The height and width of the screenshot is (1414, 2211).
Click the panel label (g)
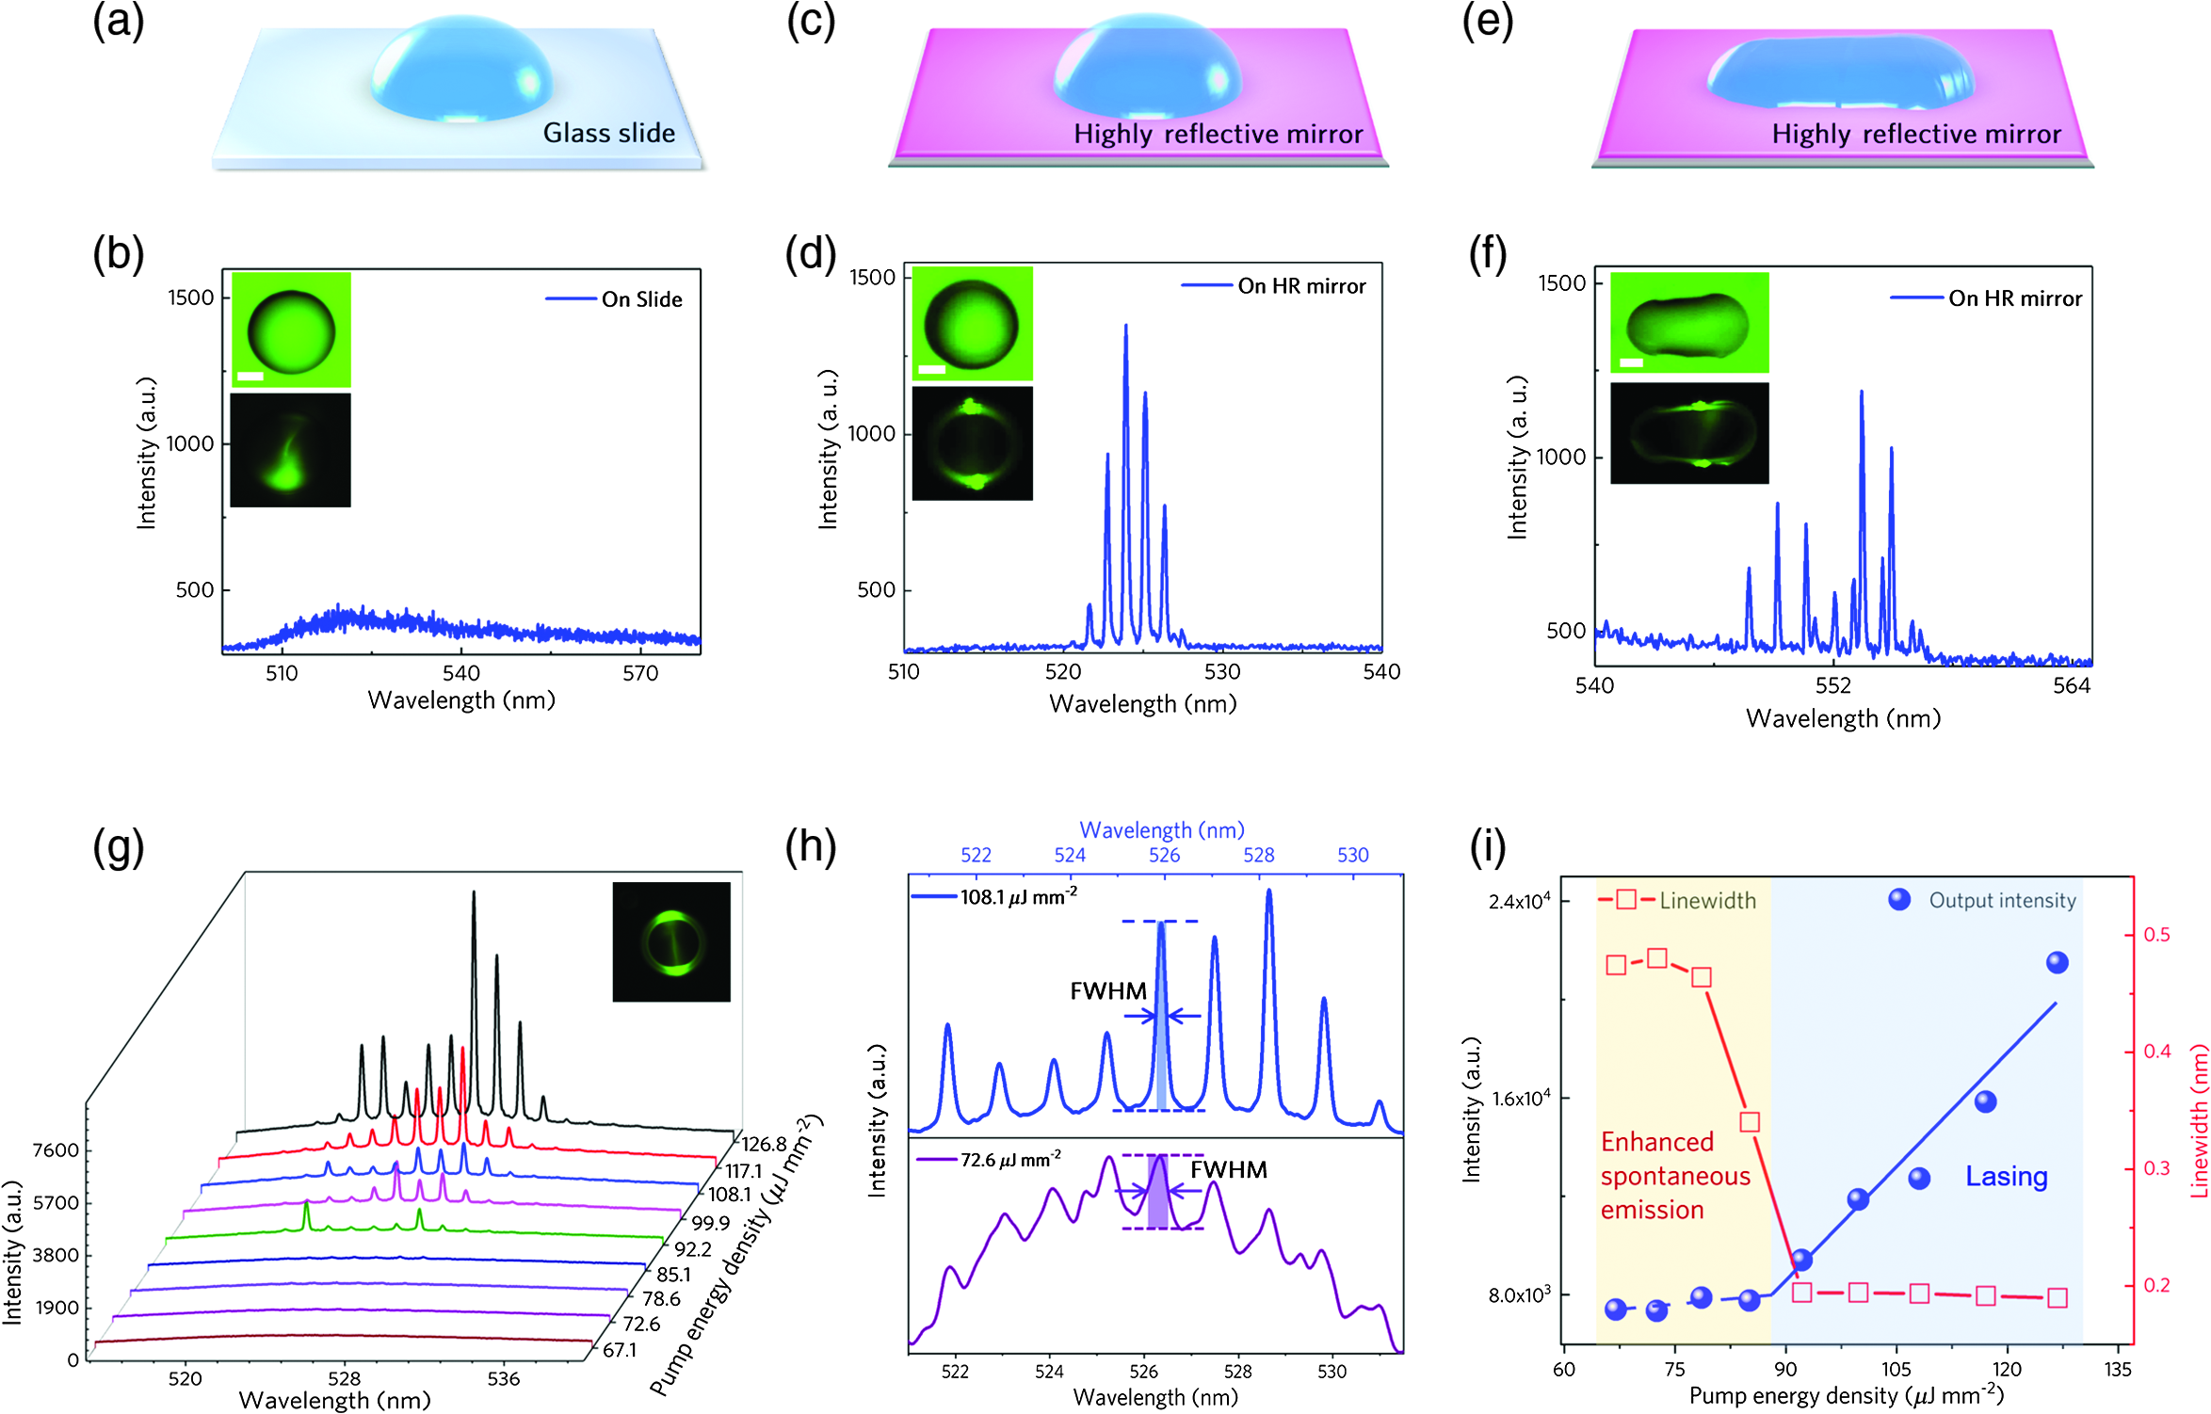pyautogui.click(x=119, y=846)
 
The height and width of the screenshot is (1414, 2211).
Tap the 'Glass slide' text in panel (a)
pyautogui.click(x=609, y=133)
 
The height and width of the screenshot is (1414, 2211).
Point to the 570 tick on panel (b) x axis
pyautogui.click(x=640, y=673)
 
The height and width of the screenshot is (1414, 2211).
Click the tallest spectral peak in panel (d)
pyautogui.click(x=1125, y=327)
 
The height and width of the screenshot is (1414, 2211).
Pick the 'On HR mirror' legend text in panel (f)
pyautogui.click(x=2015, y=298)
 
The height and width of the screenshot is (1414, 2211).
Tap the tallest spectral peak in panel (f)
pyautogui.click(x=1862, y=393)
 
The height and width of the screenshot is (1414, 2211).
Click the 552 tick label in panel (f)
pyautogui.click(x=1833, y=685)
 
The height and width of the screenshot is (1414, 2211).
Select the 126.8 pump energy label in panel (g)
pyautogui.click(x=764, y=1144)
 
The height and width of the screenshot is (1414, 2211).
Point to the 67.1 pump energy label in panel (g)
pyautogui.click(x=620, y=1350)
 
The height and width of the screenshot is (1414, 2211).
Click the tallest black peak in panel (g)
pyautogui.click(x=474, y=893)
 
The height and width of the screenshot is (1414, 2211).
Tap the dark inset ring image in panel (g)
pyautogui.click(x=671, y=941)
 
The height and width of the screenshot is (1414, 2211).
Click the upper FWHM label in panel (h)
pyautogui.click(x=1108, y=990)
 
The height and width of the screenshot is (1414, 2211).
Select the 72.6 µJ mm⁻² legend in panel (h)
pyautogui.click(x=989, y=1160)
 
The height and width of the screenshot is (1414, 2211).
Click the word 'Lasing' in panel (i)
pyautogui.click(x=2007, y=1176)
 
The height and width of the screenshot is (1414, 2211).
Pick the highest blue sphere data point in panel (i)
pyautogui.click(x=2058, y=962)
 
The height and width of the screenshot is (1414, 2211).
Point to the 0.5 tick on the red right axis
pyautogui.click(x=2157, y=935)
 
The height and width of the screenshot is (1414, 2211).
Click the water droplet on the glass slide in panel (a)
pyautogui.click(x=461, y=69)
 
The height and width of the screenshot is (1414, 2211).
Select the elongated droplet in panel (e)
pyautogui.click(x=1841, y=72)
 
